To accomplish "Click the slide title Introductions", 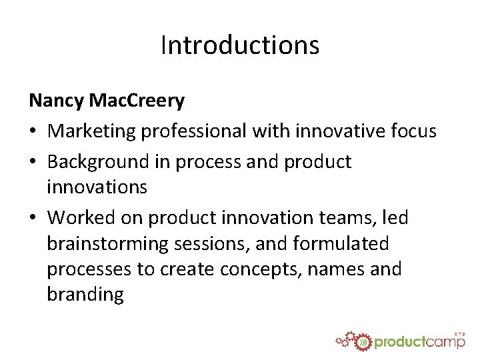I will pyautogui.click(x=240, y=45).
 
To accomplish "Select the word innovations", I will pyautogui.click(x=97, y=187).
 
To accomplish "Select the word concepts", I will pyautogui.click(x=261, y=269).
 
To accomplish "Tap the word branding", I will pyautogui.click(x=85, y=295).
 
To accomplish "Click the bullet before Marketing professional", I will pyautogui.click(x=33, y=132).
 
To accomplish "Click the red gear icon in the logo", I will pyautogui.click(x=361, y=342).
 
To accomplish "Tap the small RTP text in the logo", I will pyautogui.click(x=459, y=333).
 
